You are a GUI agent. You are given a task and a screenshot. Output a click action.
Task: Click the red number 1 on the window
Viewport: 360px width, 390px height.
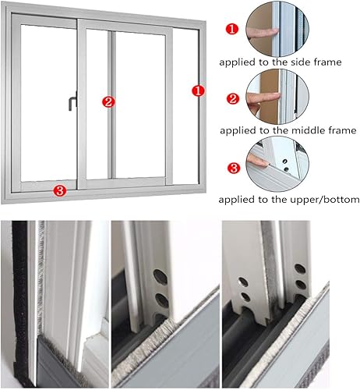(x=198, y=91)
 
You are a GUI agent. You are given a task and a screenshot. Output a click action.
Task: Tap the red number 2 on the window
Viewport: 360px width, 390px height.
(x=108, y=101)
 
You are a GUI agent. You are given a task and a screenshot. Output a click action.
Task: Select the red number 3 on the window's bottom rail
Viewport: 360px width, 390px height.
(x=59, y=190)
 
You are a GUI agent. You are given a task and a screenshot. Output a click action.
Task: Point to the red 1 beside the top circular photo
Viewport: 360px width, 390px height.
(x=231, y=30)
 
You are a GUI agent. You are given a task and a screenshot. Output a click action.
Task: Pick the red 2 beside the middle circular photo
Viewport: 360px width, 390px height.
(x=231, y=98)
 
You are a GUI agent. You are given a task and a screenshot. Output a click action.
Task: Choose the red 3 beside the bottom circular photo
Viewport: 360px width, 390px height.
(x=231, y=166)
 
